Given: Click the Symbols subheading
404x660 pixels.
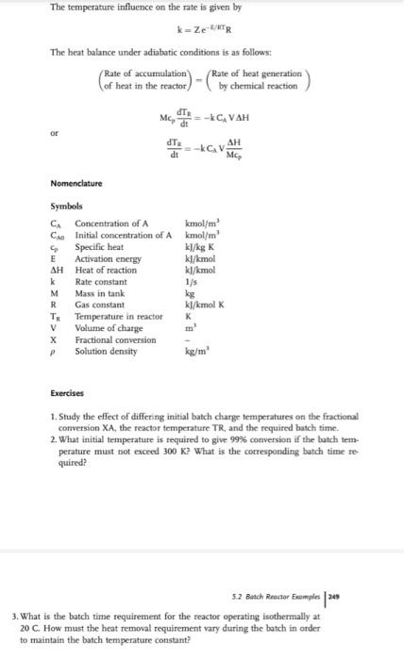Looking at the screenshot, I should coord(65,206).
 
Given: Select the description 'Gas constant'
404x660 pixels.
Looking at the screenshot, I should coord(100,305).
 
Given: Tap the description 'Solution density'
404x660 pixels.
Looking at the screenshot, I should coord(106,351).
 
